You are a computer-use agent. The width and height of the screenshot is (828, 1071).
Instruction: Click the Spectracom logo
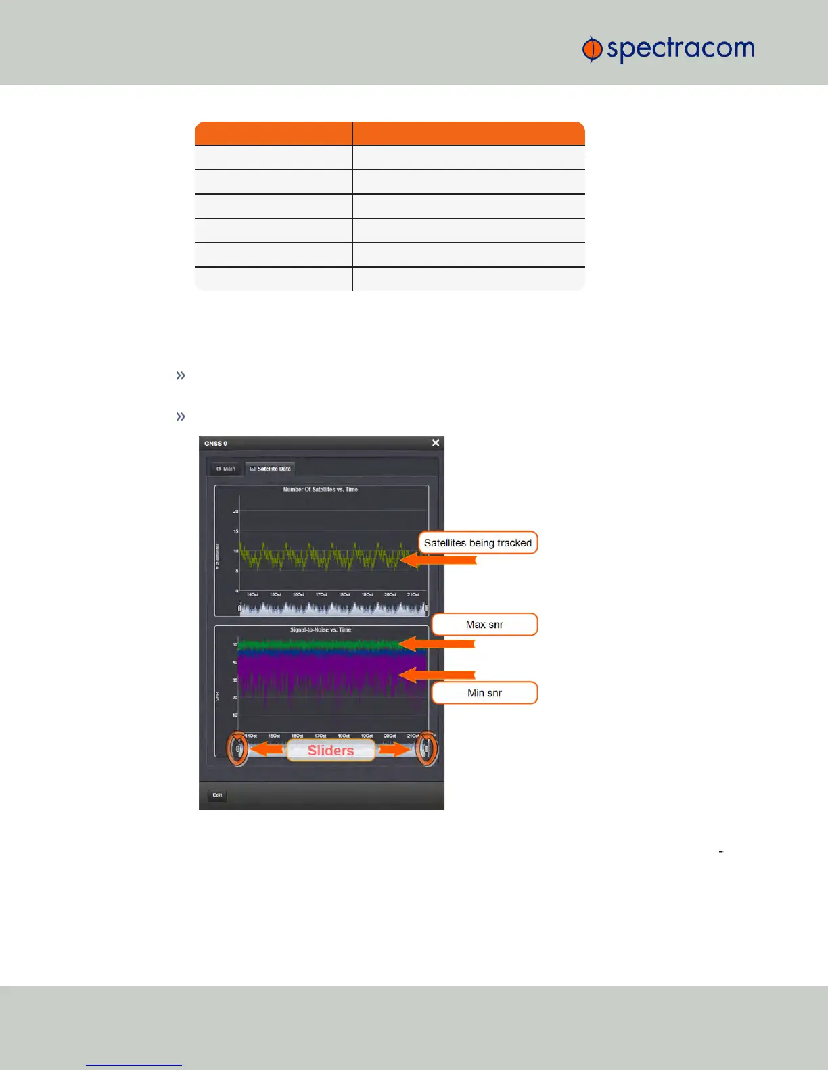(668, 49)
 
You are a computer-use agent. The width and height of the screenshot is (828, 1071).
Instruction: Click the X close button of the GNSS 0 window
(436, 443)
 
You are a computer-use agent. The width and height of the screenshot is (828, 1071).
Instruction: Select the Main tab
(226, 469)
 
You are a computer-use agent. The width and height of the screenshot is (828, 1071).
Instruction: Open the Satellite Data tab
(271, 469)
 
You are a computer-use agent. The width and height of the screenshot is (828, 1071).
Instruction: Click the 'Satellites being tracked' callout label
(478, 543)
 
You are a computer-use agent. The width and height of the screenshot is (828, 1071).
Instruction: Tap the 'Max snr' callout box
(484, 625)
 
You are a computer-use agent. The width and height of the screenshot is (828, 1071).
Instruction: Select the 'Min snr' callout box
(484, 693)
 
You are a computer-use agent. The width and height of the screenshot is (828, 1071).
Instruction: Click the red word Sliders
(331, 751)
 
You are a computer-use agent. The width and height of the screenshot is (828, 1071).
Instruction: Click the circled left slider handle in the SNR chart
(237, 749)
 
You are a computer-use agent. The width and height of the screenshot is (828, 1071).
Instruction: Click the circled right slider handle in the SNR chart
(426, 749)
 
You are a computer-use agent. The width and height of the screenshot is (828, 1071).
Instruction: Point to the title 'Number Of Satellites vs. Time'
(321, 490)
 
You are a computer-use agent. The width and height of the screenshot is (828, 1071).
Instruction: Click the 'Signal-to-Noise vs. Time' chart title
(321, 630)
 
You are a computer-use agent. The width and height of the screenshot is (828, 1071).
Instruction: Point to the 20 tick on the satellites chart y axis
(236, 511)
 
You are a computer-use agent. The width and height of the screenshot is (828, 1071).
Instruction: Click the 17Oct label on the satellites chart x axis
(321, 595)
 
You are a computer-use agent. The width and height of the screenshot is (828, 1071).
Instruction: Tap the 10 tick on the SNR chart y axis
(235, 715)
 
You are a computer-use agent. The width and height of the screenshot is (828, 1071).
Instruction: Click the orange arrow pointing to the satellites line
(440, 560)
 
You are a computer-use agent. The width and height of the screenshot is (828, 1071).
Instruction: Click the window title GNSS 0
(216, 444)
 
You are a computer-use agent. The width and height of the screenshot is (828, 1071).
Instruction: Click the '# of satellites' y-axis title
(218, 556)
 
